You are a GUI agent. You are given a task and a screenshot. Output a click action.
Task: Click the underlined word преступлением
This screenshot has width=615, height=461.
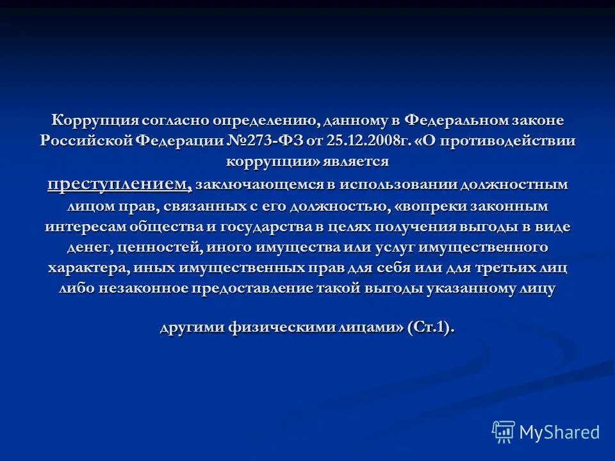119,184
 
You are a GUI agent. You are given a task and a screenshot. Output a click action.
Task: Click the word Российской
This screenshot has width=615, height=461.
86,142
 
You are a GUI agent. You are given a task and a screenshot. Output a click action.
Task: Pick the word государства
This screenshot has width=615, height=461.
271,227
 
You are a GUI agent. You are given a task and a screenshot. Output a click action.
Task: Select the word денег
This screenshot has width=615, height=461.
89,247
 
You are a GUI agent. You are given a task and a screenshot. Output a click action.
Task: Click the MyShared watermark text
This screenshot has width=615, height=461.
559,432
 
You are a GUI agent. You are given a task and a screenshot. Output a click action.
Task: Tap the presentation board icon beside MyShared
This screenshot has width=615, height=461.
504,432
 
